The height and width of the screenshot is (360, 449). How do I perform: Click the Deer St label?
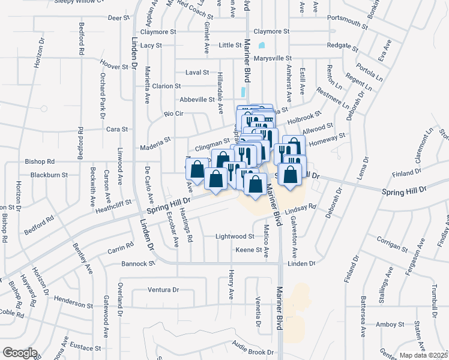pos(118,18)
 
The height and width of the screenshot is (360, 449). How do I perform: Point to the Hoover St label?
pos(111,65)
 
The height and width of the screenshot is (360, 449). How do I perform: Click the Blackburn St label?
pos(46,175)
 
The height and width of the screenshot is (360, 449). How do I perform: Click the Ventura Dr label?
pos(163,290)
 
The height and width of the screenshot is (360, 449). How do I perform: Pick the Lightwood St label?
pos(235,237)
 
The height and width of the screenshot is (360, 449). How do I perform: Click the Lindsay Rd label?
pos(301,208)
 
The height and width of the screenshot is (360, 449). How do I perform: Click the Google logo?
pos(19,353)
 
